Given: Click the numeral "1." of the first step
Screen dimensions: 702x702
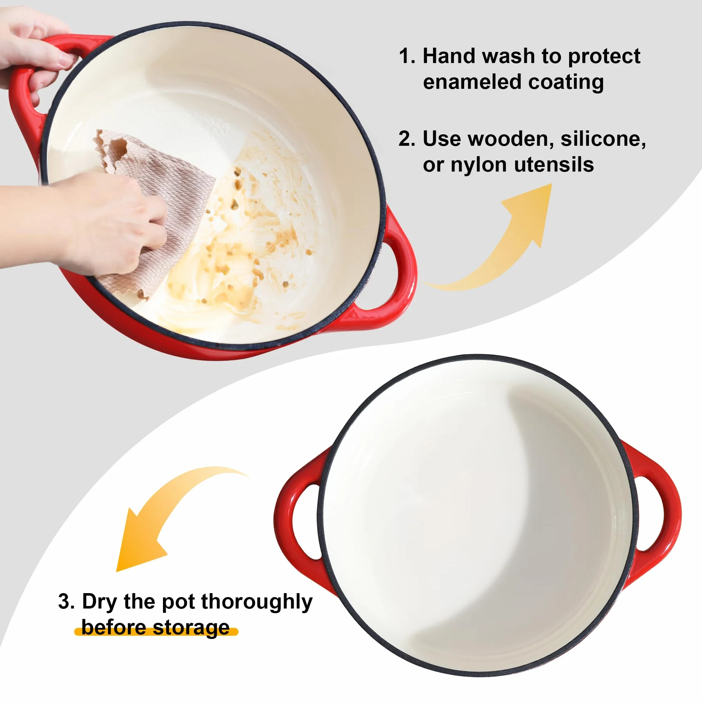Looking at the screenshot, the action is tap(407, 56).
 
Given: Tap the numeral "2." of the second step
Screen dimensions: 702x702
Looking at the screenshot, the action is tap(407, 139).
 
